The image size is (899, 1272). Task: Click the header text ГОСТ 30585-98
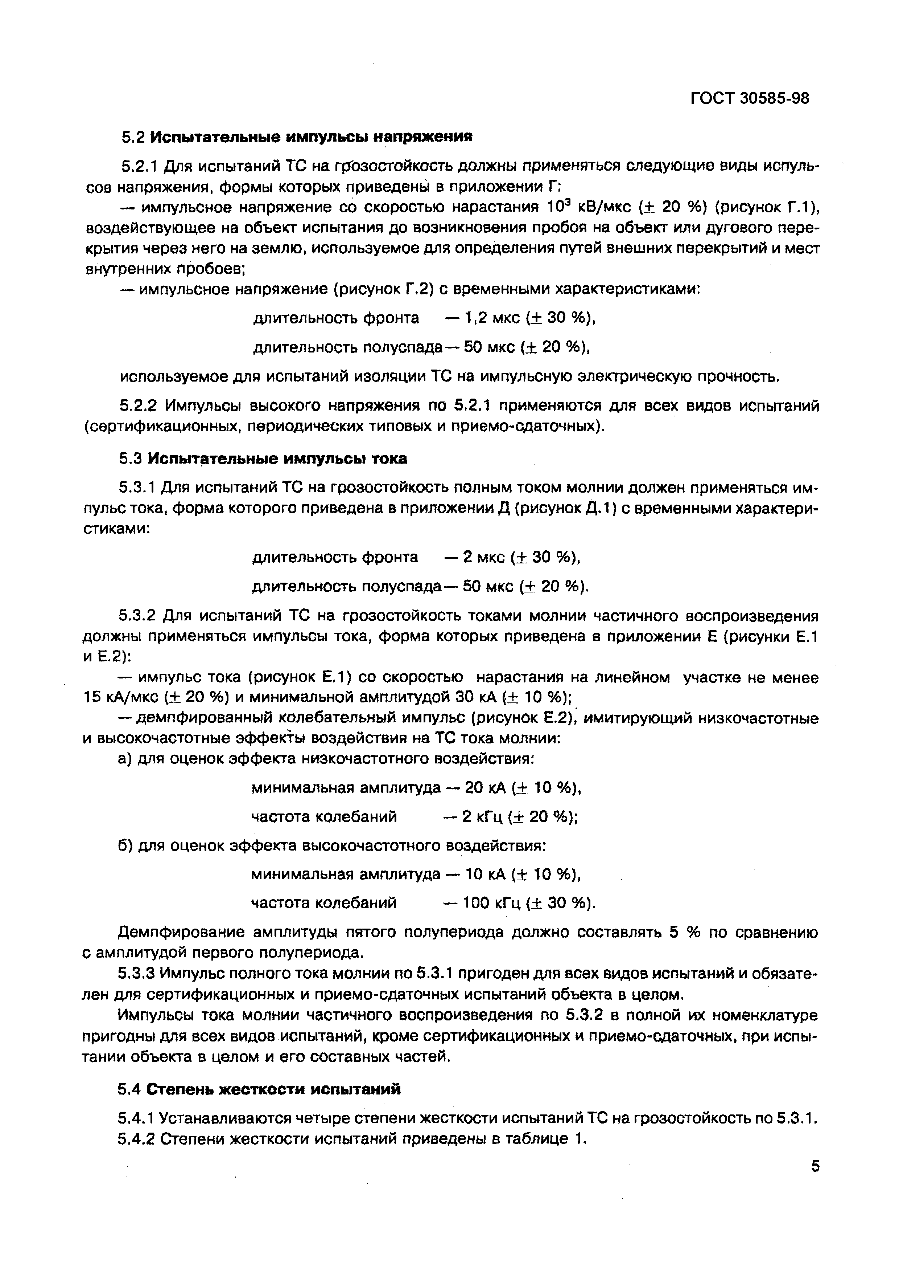[750, 99]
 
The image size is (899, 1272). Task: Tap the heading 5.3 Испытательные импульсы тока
[264, 459]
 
